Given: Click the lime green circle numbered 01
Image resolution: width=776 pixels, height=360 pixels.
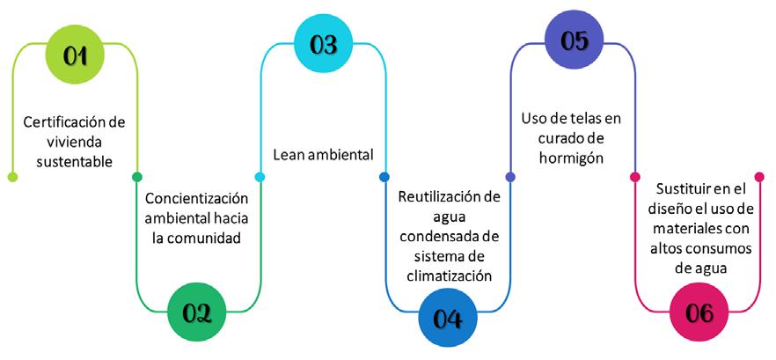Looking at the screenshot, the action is [x=76, y=54].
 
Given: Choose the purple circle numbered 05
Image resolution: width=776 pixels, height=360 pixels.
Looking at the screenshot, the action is [x=574, y=41].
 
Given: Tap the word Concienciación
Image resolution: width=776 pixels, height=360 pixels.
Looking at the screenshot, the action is [x=196, y=198].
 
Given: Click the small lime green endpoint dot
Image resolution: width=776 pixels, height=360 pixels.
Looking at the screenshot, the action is [x=12, y=177].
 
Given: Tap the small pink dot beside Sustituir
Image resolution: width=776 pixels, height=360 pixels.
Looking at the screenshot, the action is [x=635, y=177].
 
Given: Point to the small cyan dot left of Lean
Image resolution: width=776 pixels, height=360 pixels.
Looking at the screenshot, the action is [x=260, y=177].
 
